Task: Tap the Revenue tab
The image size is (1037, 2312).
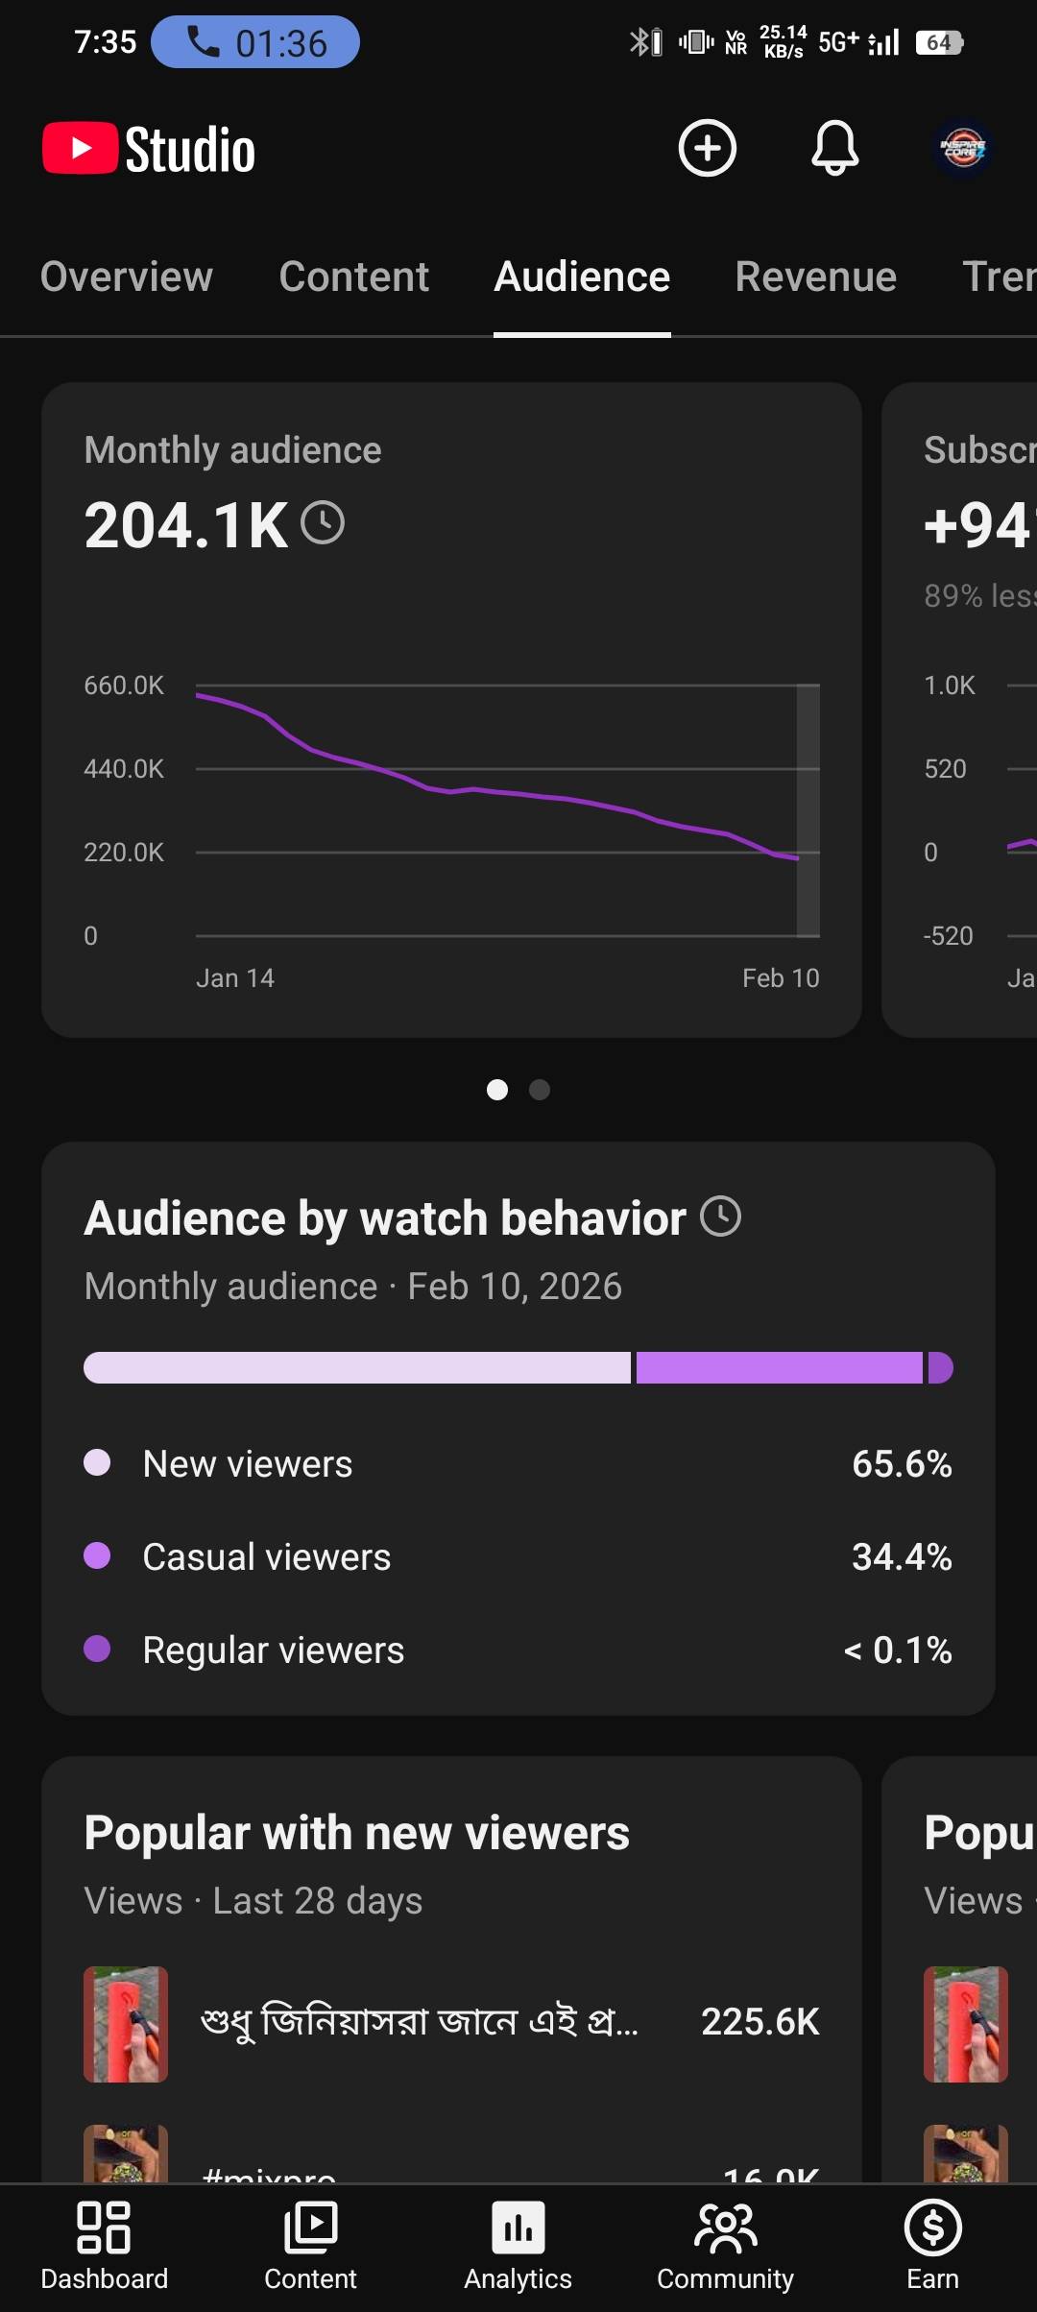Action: click(815, 277)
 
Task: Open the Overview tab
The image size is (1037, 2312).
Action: click(126, 277)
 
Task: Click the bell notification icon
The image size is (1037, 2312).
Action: click(834, 148)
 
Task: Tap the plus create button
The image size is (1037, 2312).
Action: click(708, 148)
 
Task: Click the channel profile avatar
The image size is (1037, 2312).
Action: click(963, 149)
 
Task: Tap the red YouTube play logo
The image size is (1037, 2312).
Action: click(80, 149)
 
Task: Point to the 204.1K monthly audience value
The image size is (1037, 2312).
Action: click(185, 525)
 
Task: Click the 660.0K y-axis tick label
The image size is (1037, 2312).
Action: click(124, 686)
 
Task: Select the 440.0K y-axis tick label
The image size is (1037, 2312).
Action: click(124, 769)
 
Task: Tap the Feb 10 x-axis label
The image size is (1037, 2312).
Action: click(781, 978)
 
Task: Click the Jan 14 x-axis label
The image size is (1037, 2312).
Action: click(235, 978)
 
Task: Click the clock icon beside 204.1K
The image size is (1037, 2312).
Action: click(323, 523)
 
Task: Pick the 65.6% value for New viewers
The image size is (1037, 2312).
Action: click(902, 1464)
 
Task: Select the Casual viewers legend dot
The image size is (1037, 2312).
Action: click(97, 1555)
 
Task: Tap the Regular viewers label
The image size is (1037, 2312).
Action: click(274, 1650)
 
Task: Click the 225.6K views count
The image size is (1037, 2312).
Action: click(760, 2022)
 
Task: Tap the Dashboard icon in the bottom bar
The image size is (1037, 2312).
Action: click(104, 2228)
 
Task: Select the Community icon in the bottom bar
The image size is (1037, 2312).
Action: click(725, 2228)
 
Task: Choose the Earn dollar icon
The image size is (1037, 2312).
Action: click(932, 2228)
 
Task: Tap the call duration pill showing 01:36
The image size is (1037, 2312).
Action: click(255, 43)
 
